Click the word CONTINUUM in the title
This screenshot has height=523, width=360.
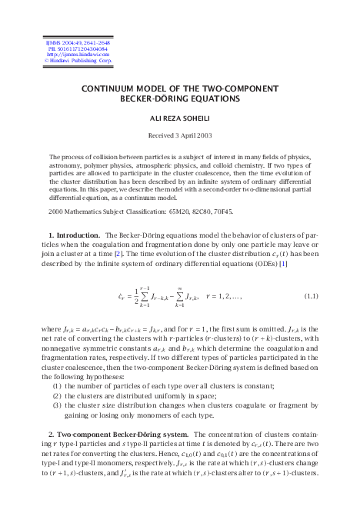pos(110,88)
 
